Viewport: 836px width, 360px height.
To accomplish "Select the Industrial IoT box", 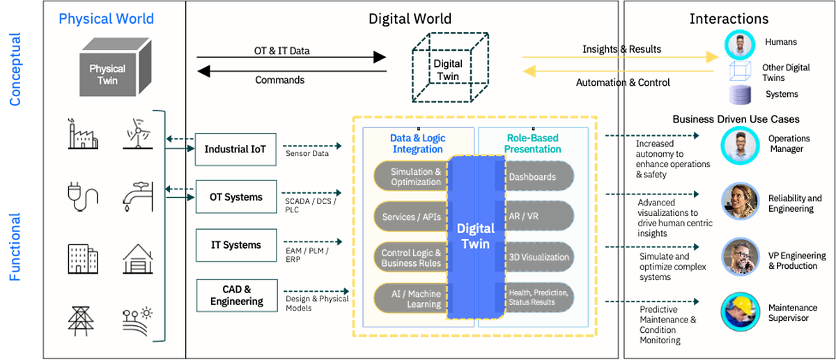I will point(236,149).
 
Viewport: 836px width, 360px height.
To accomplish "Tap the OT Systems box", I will point(236,197).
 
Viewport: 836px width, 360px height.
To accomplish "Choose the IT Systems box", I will point(236,245).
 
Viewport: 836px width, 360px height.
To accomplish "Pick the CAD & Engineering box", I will point(236,295).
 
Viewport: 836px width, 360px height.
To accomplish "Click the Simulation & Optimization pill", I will point(411,177).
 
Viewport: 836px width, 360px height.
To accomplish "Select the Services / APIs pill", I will point(411,217).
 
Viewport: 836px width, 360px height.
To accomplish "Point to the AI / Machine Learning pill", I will point(411,298).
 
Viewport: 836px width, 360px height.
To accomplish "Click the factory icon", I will point(82,134).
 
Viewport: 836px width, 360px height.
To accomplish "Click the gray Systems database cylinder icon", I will point(736,94).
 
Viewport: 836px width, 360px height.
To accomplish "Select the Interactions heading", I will point(729,19).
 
